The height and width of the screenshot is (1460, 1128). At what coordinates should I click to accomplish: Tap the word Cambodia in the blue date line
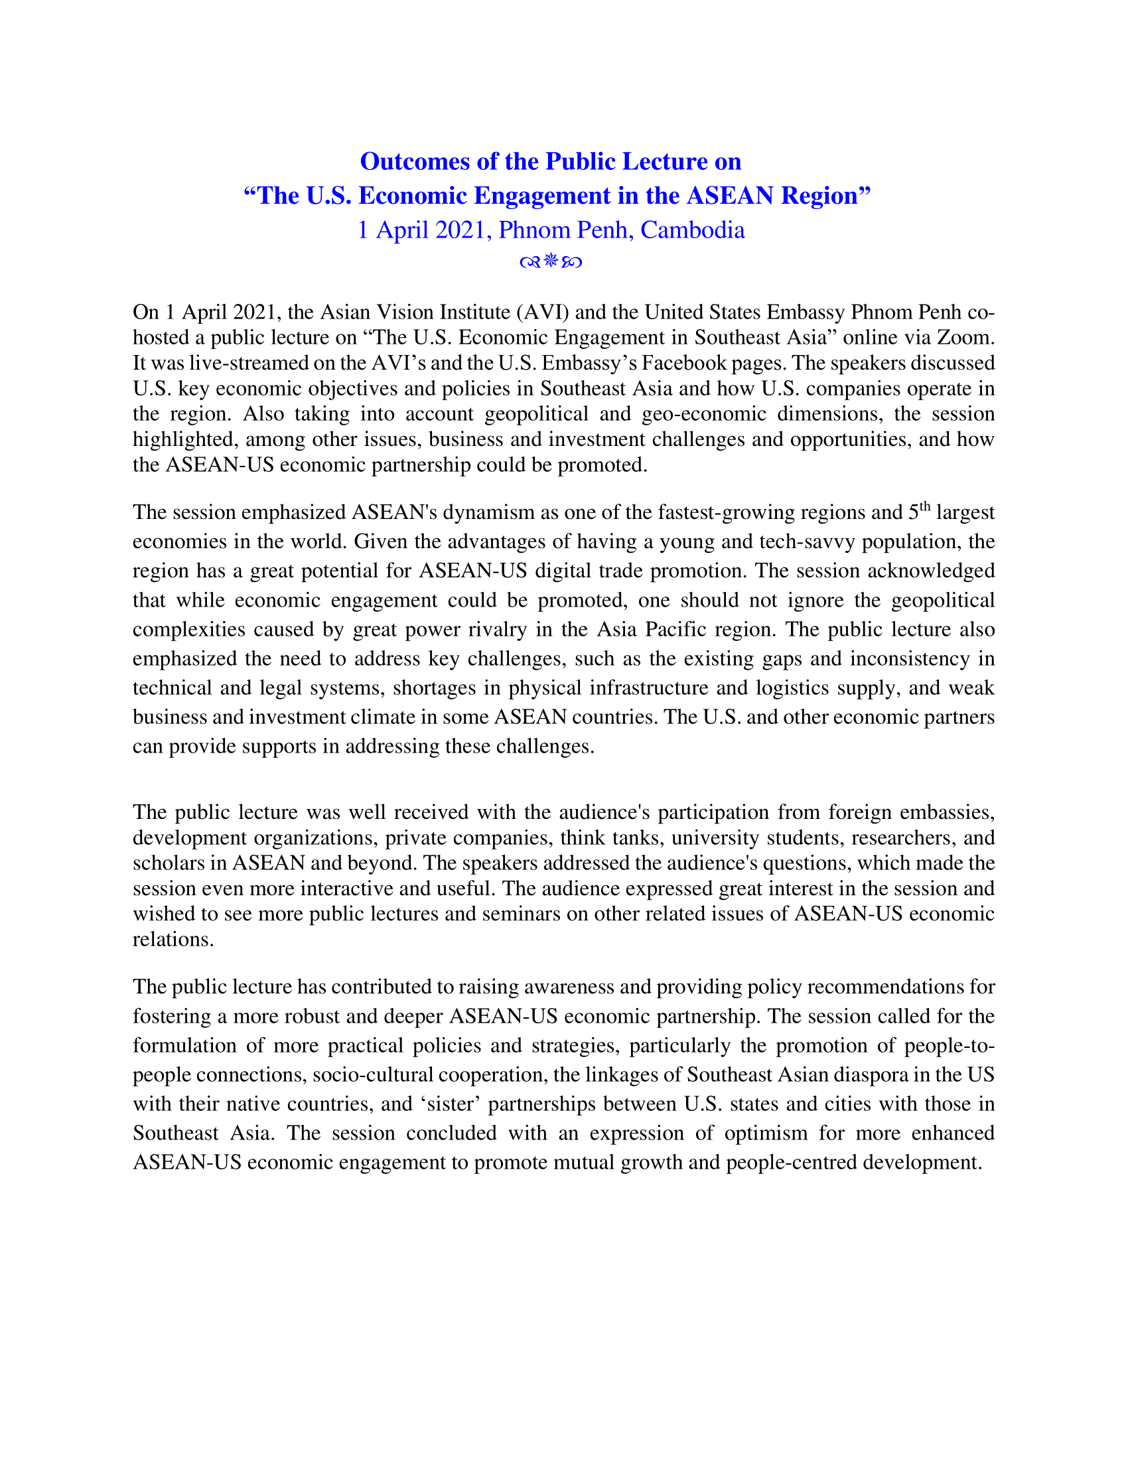click(692, 230)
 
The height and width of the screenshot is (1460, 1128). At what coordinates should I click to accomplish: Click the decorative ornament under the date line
click(551, 261)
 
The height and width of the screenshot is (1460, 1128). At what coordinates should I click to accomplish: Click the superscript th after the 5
click(925, 507)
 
